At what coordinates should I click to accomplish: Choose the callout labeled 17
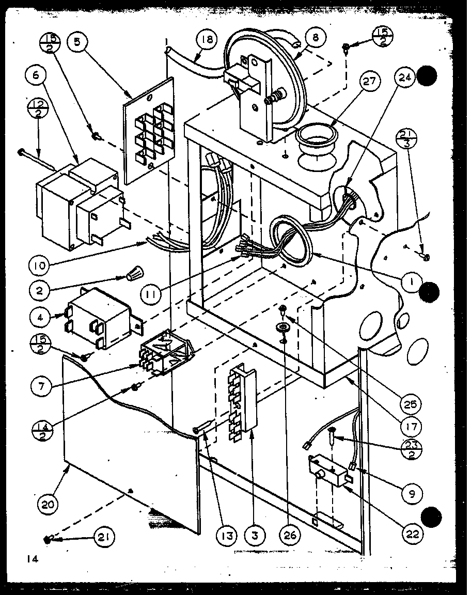click(x=413, y=427)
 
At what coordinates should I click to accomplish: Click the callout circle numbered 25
click(x=413, y=403)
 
